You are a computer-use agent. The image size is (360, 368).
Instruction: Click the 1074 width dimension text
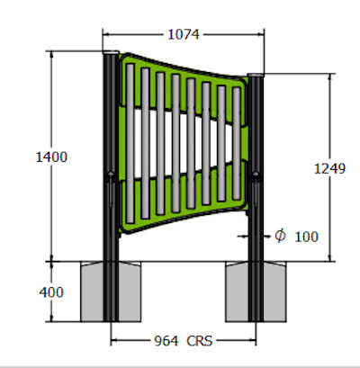[183, 34]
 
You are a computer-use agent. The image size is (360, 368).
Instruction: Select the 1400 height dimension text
[50, 157]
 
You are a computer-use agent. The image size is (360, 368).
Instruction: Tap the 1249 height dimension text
[329, 167]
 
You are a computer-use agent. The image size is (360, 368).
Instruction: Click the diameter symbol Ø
[280, 236]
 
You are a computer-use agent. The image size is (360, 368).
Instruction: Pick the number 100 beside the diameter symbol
[306, 237]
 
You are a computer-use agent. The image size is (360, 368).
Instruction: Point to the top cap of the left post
[110, 55]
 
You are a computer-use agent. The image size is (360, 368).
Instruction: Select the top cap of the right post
[256, 76]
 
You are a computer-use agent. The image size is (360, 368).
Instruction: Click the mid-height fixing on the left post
[110, 175]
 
